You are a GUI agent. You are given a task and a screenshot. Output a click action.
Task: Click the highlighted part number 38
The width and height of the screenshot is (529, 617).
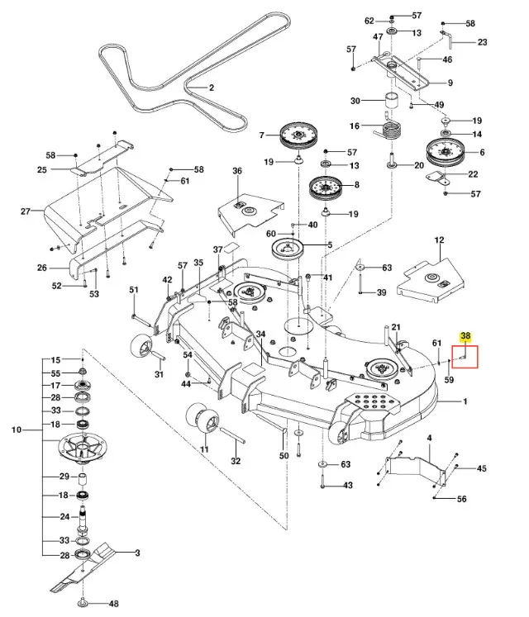465,336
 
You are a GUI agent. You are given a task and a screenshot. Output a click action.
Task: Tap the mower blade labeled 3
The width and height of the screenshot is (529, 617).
83,567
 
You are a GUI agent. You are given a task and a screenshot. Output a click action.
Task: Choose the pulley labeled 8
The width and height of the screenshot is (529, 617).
326,188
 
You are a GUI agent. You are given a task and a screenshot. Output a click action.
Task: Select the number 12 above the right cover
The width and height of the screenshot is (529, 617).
439,240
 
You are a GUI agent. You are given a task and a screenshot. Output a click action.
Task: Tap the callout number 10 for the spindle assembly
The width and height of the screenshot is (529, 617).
17,430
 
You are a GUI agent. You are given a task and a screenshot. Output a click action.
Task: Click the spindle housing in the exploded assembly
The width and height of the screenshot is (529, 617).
83,448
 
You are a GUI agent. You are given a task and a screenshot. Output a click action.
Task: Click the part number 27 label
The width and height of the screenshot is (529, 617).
26,211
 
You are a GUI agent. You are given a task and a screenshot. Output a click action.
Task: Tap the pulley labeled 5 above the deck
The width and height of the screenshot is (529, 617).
288,249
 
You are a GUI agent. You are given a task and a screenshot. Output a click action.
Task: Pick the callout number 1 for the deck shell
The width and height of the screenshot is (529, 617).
465,401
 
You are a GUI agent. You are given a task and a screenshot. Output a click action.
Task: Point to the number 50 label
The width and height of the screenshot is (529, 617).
284,455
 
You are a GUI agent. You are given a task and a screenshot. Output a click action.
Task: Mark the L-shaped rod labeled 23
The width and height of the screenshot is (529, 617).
447,37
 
